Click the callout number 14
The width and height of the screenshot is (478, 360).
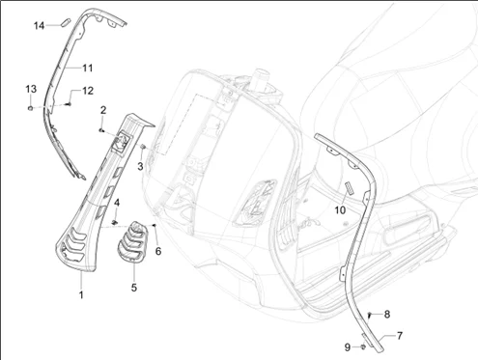[x=39, y=25]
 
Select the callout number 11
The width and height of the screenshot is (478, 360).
[x=88, y=69]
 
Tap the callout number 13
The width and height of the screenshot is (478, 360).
[x=31, y=89]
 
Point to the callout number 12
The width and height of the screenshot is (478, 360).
[x=88, y=91]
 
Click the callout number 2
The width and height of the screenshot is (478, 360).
[x=103, y=110]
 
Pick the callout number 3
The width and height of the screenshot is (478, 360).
[x=140, y=167]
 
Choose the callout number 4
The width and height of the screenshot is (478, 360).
[x=117, y=203]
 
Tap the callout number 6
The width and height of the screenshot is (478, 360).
[x=158, y=251]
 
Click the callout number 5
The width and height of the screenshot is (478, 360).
[x=134, y=288]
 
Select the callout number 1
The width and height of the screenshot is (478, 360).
[x=81, y=294]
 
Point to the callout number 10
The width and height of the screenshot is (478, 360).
[x=340, y=210]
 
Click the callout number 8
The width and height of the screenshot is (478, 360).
[x=387, y=315]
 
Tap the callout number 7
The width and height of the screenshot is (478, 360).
[x=400, y=336]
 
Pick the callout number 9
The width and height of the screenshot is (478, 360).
[x=348, y=347]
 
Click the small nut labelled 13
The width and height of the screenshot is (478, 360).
[x=30, y=108]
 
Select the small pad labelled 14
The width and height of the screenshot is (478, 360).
[x=66, y=23]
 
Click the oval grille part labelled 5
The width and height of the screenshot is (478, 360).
[x=131, y=242]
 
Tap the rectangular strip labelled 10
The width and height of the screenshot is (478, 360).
[x=350, y=188]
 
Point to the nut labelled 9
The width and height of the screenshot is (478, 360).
[x=363, y=346]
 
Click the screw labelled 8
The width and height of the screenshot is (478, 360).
[x=370, y=315]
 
